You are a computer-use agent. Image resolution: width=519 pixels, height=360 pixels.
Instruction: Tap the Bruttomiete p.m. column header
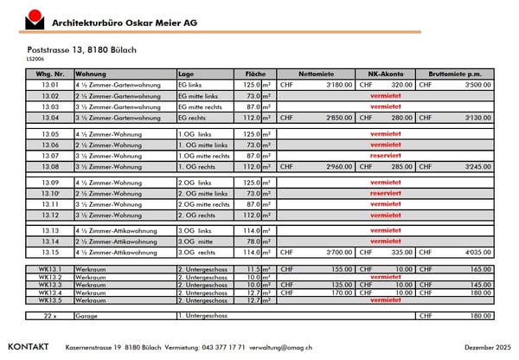[454, 74]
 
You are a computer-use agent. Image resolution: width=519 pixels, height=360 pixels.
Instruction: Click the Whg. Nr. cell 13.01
[50, 85]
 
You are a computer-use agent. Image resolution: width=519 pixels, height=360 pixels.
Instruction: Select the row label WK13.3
[50, 284]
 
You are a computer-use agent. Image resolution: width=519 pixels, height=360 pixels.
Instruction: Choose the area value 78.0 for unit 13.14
[253, 242]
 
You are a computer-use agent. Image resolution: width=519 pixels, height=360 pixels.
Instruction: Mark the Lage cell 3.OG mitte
[195, 242]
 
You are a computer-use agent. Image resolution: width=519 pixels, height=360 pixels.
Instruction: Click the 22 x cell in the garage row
[50, 316]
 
